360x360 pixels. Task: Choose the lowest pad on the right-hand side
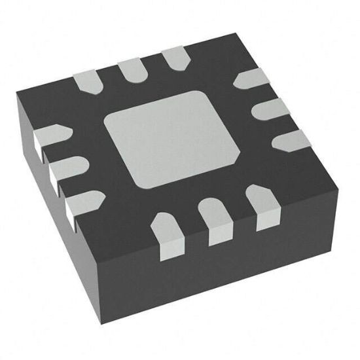coord(291,140)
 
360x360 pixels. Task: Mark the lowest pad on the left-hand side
coord(83,202)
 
